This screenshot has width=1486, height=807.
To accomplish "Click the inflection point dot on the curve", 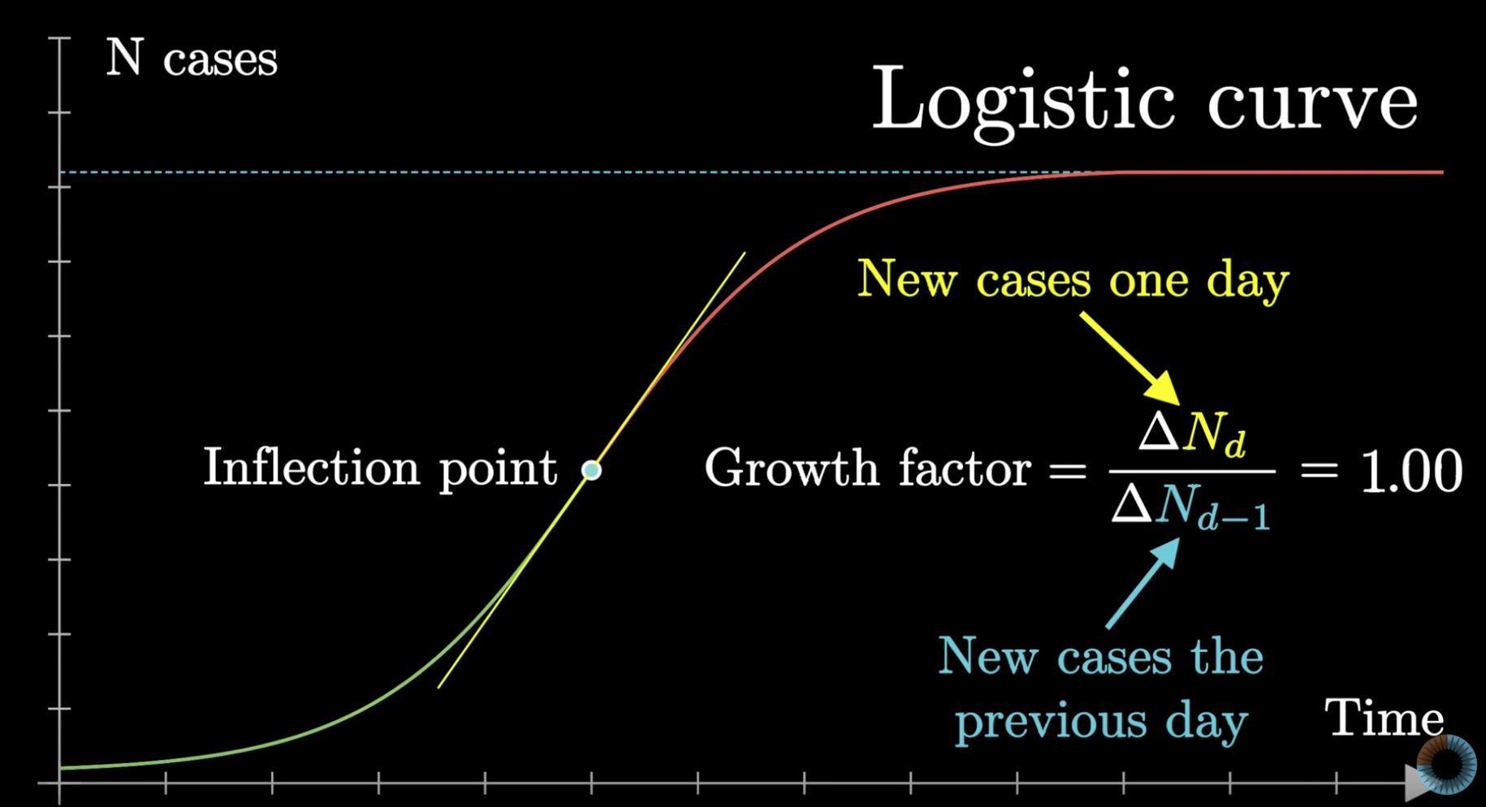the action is pos(592,470).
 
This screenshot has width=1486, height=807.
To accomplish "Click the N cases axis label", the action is pos(192,58).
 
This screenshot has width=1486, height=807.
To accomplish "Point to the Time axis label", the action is pos(1384,718).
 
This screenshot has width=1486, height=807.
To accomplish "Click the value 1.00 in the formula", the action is pos(1411,471).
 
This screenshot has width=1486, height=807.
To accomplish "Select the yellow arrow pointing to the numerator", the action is pos(1130,359).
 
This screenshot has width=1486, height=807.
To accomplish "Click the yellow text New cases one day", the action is pos(1073,280).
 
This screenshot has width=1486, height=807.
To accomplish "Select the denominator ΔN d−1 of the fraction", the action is pos(1190,507).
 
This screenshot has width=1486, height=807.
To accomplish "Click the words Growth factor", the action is pos(867,468).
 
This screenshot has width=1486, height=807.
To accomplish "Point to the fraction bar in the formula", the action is pos(1192,471).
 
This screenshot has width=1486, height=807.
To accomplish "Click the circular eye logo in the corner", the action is pos(1446,764).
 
